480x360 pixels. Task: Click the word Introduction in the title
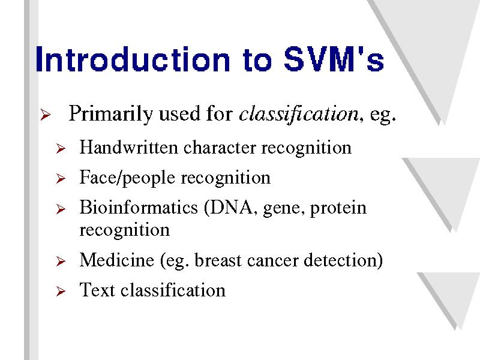pyautogui.click(x=132, y=59)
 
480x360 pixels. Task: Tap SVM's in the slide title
pyautogui.click(x=334, y=59)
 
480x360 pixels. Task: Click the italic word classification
pyautogui.click(x=298, y=114)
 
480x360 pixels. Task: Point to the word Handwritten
pyautogui.click(x=128, y=147)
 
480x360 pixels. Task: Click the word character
pyautogui.click(x=220, y=148)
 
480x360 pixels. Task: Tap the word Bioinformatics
pyautogui.click(x=139, y=207)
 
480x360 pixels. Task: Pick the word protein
pyautogui.click(x=338, y=209)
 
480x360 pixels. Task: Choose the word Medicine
pyautogui.click(x=116, y=260)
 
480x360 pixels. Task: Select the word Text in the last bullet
pyautogui.click(x=97, y=290)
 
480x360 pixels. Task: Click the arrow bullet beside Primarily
pyautogui.click(x=46, y=115)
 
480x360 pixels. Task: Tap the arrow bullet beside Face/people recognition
pyautogui.click(x=61, y=178)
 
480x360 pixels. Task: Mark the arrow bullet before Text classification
pyautogui.click(x=61, y=291)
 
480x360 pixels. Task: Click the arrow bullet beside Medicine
pyautogui.click(x=61, y=262)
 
